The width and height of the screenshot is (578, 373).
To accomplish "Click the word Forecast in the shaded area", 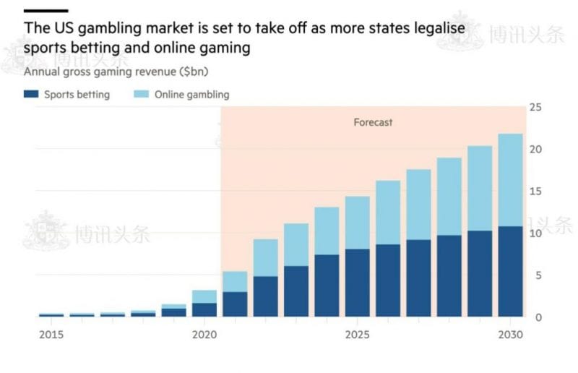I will [x=373, y=122].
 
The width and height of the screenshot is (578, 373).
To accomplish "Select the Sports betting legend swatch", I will [x=31, y=94].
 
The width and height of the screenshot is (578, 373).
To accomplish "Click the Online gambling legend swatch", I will [x=141, y=94].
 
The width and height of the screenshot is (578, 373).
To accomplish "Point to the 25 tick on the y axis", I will [x=535, y=107].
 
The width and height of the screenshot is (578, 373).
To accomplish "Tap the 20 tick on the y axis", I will [x=535, y=149].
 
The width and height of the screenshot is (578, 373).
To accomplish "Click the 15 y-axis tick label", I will [x=535, y=191].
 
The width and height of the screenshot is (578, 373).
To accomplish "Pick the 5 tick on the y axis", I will [x=535, y=275].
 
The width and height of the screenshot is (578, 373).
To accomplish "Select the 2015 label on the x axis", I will [x=51, y=335].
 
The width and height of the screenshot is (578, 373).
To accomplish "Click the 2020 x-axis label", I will [x=205, y=335].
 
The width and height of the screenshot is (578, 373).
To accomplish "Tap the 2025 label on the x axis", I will [x=358, y=335].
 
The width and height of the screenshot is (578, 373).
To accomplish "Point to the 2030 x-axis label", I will [x=511, y=335].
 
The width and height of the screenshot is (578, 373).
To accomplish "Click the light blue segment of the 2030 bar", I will [x=511, y=180].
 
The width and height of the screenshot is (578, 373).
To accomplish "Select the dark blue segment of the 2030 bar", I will [x=511, y=272].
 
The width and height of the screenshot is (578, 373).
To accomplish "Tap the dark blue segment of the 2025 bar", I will [x=358, y=283].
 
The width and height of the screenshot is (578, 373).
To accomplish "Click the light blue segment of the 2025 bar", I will [x=358, y=223].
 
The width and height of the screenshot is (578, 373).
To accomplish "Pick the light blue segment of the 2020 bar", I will [x=205, y=296].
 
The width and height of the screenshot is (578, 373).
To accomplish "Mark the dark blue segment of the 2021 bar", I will [x=236, y=304].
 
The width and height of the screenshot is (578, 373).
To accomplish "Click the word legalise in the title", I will [x=437, y=29].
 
